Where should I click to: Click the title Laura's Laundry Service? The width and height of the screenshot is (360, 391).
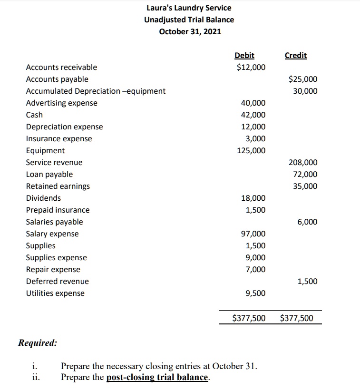pyautogui.click(x=189, y=8)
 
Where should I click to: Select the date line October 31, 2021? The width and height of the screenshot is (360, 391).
pyautogui.click(x=189, y=31)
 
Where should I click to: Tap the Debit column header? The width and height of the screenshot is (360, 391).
pyautogui.click(x=244, y=56)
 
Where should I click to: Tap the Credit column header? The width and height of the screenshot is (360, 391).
pyautogui.click(x=296, y=56)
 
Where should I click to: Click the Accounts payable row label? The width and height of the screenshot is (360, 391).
pyautogui.click(x=57, y=79)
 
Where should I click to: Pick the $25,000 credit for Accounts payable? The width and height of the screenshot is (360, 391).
pyautogui.click(x=303, y=79)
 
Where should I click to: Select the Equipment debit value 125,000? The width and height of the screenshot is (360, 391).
pyautogui.click(x=251, y=150)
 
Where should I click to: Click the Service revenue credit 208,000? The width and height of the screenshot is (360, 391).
pyautogui.click(x=303, y=162)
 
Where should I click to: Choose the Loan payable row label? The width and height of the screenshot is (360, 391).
pyautogui.click(x=49, y=174)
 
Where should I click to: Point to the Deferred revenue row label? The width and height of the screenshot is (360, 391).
pyautogui.click(x=57, y=281)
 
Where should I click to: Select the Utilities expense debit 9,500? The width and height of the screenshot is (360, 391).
pyautogui.click(x=256, y=293)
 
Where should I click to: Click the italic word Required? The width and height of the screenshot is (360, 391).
pyautogui.click(x=37, y=342)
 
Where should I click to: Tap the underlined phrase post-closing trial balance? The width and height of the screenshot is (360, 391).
pyautogui.click(x=157, y=377)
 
